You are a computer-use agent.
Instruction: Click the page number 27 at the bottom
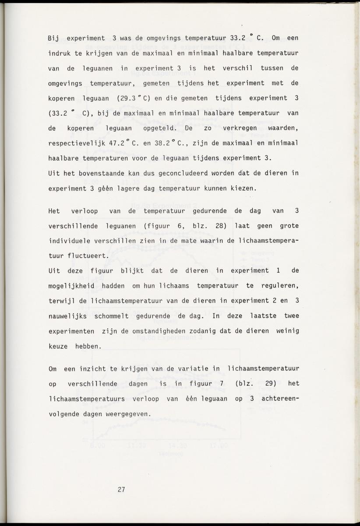point(121,490)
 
